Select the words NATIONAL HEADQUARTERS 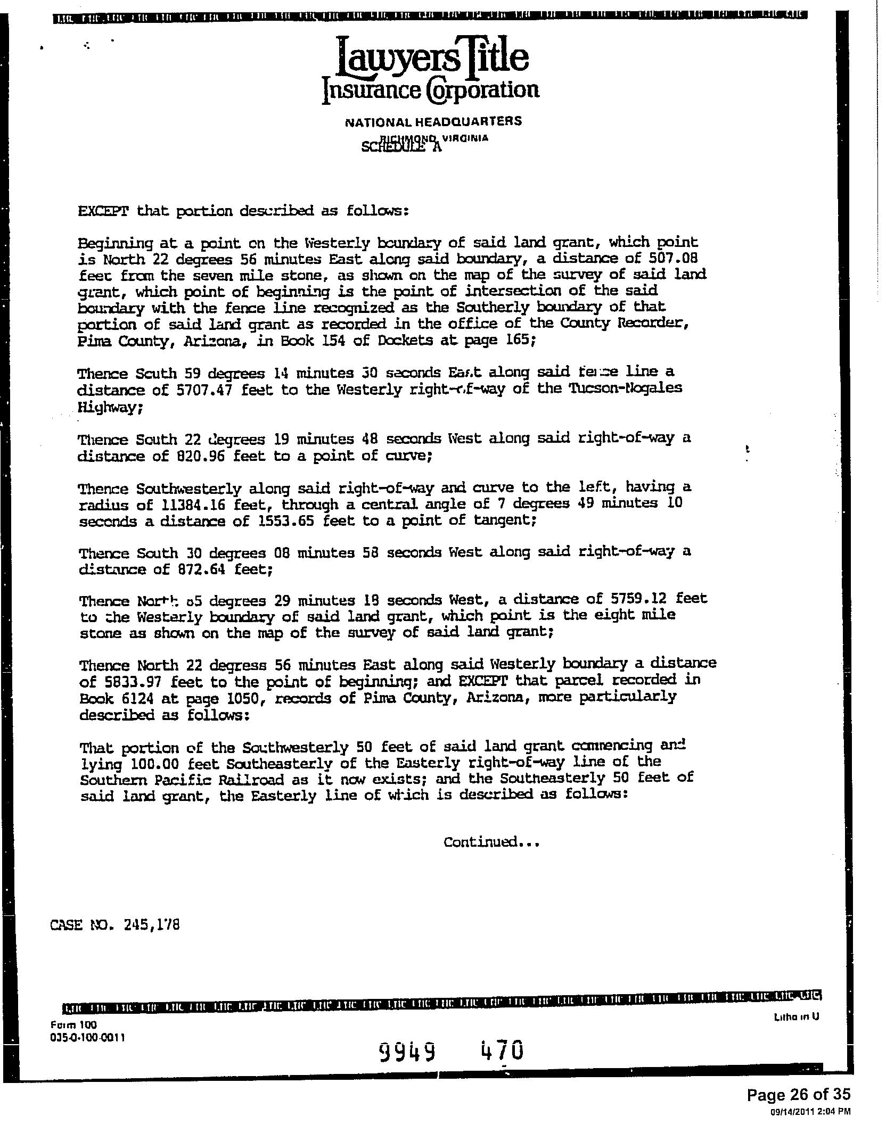click(433, 121)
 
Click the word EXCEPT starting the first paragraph click(103, 211)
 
